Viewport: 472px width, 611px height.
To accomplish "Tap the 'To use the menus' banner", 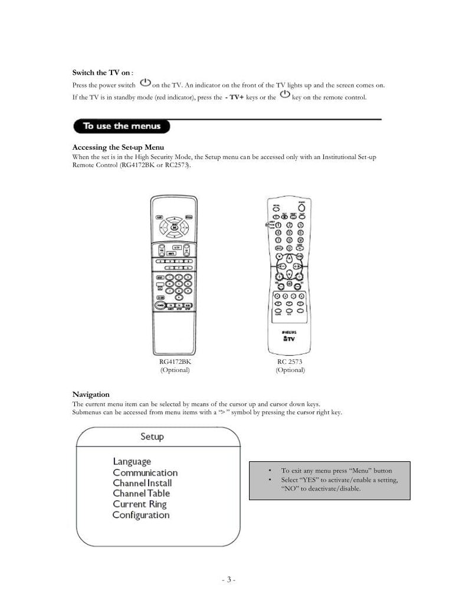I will tap(120, 126).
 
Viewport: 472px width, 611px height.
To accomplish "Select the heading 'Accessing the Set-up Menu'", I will tap(117, 147).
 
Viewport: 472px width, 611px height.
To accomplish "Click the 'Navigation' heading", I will tap(90, 394).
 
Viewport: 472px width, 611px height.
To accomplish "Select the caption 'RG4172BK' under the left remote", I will tap(175, 362).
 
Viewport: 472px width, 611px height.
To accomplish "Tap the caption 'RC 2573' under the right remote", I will tap(290, 362).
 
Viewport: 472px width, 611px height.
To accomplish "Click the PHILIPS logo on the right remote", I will tap(290, 333).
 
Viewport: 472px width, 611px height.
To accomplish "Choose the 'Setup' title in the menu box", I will tap(152, 437).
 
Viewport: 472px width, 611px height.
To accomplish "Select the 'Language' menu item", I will tap(132, 461).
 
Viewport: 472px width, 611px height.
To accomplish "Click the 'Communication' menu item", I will tap(145, 472).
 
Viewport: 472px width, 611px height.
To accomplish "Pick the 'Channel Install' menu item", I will tap(142, 483).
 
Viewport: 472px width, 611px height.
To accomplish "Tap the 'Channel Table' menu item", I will tap(142, 493).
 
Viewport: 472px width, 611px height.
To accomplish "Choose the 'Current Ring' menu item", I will tap(140, 504).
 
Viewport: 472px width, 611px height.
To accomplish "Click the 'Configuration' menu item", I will tap(141, 515).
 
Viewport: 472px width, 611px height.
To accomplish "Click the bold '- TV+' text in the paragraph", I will tap(235, 97).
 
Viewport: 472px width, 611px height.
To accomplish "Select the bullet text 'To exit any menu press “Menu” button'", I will tap(336, 471).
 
